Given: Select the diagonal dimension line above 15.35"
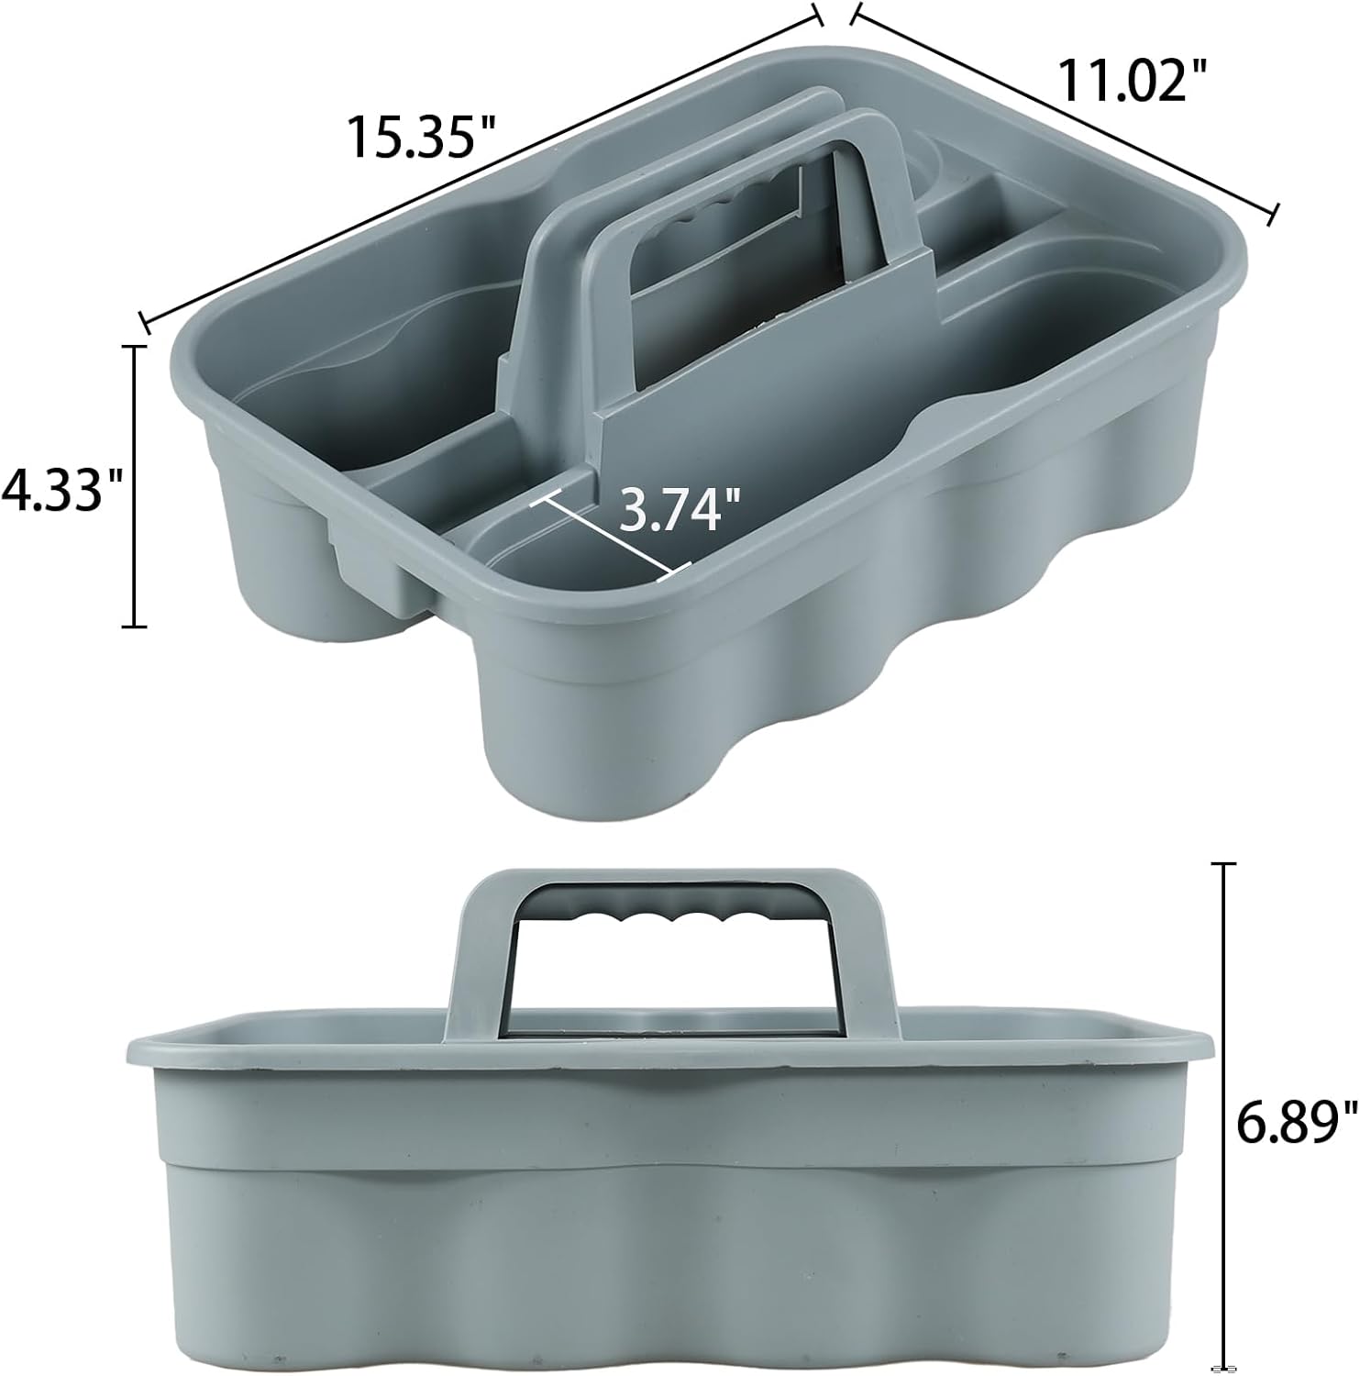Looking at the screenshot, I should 477,165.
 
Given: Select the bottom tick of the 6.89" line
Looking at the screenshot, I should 1223,1364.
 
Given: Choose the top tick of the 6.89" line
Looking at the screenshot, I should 1223,864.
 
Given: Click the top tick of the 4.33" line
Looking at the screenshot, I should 135,347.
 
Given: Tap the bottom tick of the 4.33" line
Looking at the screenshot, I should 135,627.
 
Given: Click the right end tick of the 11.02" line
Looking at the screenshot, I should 1273,214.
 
